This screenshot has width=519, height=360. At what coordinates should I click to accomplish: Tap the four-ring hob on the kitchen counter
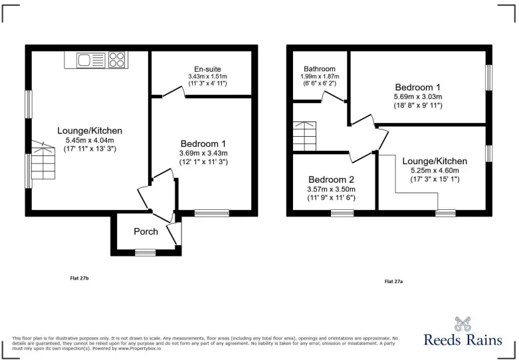117,60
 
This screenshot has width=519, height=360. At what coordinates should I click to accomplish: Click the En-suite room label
207,69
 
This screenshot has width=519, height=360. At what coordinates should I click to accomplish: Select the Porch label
146,232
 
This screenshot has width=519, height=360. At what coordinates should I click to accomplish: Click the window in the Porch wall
146,253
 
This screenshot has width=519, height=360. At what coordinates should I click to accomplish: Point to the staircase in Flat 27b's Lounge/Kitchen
43,160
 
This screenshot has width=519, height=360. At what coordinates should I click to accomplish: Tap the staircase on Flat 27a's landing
304,136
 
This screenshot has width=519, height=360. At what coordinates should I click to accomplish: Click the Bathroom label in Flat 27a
320,69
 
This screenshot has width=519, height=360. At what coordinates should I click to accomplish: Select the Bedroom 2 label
332,180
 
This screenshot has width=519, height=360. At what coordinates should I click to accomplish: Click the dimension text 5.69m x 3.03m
418,96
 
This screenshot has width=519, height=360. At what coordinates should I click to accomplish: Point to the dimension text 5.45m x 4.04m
90,140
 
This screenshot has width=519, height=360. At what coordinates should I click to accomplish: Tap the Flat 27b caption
80,278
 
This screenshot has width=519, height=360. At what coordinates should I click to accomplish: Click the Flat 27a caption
393,282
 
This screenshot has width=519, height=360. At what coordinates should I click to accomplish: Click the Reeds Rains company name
463,340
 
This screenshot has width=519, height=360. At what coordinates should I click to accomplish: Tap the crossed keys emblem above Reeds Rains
463,324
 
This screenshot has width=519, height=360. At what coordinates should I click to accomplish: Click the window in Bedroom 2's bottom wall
342,213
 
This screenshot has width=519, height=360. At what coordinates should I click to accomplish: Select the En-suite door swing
173,92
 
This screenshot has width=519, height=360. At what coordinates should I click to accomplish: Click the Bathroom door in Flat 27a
334,96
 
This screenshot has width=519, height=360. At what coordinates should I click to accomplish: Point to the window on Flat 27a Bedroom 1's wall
488,78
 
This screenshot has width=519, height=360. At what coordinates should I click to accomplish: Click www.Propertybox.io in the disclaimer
140,349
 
